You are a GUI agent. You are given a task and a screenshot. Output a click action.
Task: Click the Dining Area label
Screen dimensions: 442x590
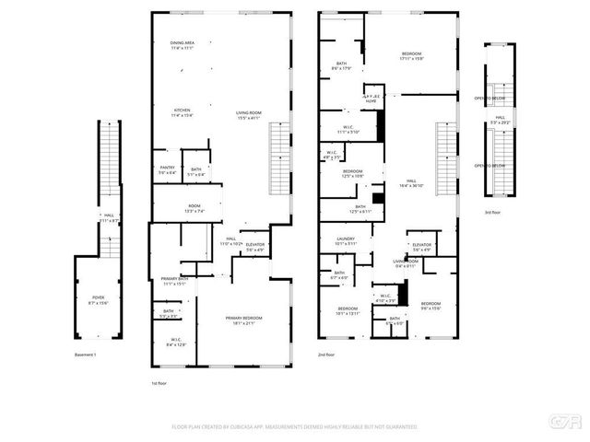pos(182,44)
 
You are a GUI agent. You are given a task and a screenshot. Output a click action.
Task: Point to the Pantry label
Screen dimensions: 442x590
pos(167,169)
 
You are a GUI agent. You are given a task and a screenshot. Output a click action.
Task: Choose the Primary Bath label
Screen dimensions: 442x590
pos(175,281)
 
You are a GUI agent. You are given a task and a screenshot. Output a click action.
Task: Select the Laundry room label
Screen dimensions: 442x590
pos(345,241)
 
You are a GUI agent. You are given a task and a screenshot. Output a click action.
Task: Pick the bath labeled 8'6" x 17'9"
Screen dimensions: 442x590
pos(341,65)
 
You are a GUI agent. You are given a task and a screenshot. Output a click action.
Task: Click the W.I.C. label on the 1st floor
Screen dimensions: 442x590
pos(176,343)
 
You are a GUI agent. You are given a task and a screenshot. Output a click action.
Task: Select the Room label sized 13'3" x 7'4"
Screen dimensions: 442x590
pos(195,208)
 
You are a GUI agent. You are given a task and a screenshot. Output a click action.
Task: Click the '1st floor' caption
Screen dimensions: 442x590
pos(159,382)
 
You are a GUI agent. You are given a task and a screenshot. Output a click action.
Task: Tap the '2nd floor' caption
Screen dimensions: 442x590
pos(326,354)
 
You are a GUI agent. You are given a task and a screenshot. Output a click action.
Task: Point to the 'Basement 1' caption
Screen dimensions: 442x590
pos(86,354)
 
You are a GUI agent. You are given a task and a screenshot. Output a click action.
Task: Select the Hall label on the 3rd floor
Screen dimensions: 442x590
pos(500,120)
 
